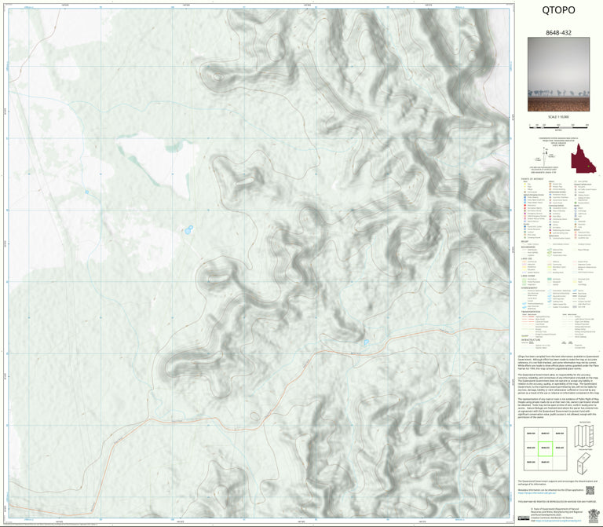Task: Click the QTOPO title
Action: pos(559,11)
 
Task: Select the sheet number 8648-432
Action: pos(559,35)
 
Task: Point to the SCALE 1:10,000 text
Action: pos(559,117)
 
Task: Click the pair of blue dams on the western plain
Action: pos(188,230)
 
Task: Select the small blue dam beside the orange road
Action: pos(366,342)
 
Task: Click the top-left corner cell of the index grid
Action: pos(531,434)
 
